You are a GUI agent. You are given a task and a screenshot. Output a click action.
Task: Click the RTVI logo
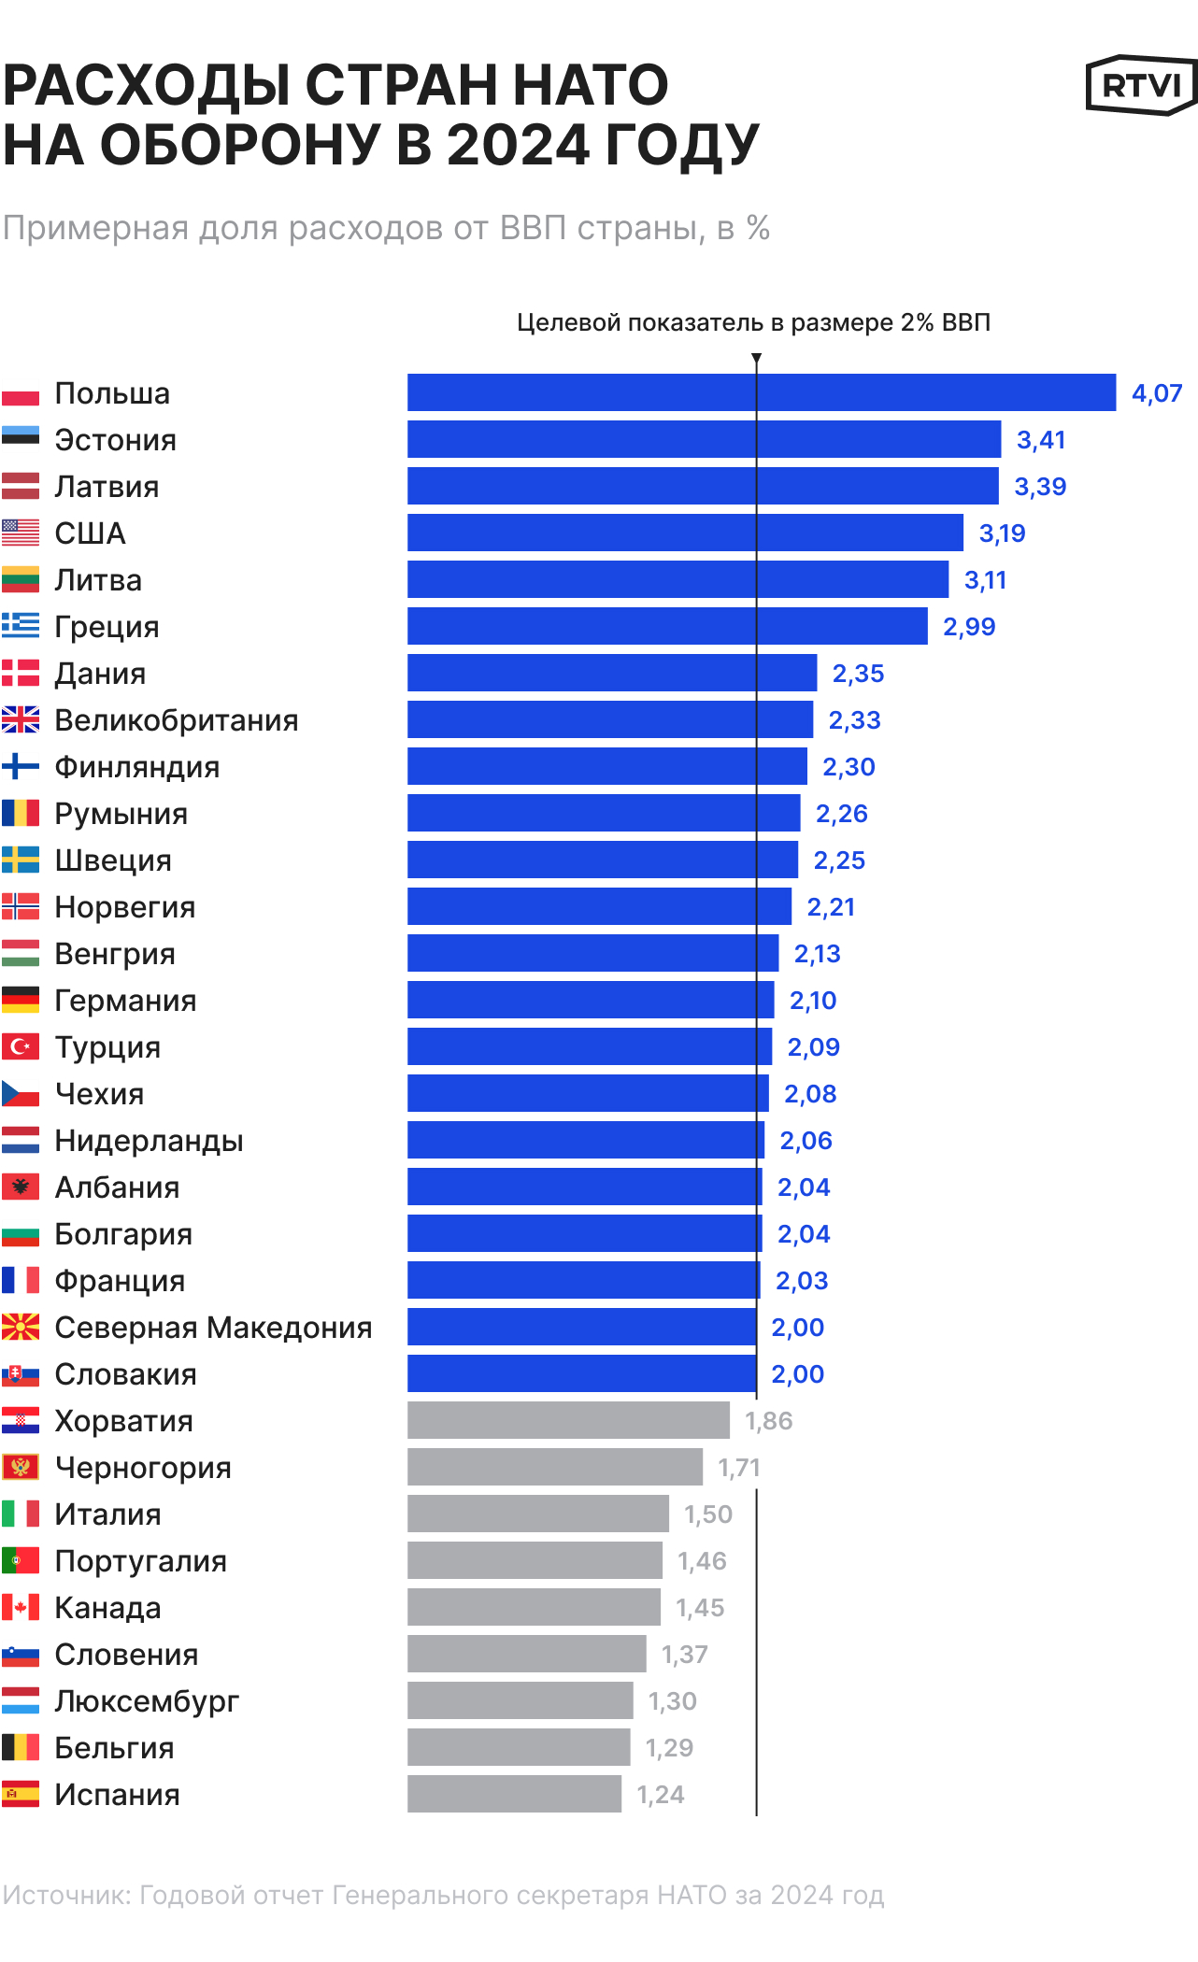tap(1141, 85)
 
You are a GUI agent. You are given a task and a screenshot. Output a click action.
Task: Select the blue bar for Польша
tap(761, 392)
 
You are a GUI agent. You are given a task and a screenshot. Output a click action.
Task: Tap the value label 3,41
tap(1040, 440)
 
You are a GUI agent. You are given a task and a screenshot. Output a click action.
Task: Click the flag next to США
tap(21, 533)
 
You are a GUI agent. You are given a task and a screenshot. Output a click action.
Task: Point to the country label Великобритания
tap(176, 720)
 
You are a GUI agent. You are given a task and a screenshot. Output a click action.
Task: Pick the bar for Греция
tap(667, 626)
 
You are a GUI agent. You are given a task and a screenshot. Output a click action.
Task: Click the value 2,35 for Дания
tap(858, 674)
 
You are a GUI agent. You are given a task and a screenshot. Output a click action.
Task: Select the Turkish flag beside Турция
tap(21, 1046)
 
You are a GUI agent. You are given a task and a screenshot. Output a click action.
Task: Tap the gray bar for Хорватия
tap(568, 1420)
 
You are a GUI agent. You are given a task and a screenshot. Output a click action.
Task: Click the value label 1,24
tap(660, 1795)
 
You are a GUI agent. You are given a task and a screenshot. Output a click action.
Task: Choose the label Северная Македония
tap(213, 1328)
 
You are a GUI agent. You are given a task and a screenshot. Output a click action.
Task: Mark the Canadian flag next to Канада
tap(21, 1607)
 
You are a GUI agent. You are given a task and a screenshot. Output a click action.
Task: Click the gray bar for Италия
tap(537, 1514)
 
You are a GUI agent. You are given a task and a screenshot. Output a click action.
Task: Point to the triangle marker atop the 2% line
tap(756, 359)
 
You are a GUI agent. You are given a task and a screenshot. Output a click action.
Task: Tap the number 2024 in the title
tap(518, 146)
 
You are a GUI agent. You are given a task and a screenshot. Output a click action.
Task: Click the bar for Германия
tap(591, 1000)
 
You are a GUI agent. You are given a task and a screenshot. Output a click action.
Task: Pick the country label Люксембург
tap(147, 1701)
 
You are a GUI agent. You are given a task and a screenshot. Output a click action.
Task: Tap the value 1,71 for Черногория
tap(738, 1468)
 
